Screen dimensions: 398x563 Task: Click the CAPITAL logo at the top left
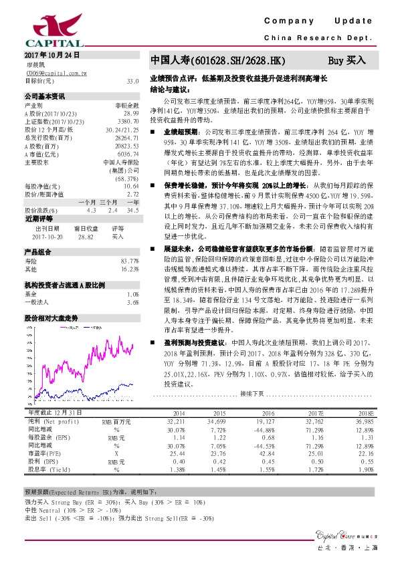click(x=39, y=27)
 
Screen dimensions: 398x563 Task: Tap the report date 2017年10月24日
click(x=52, y=53)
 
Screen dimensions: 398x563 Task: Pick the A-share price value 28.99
click(x=131, y=114)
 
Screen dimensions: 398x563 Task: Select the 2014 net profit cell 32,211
click(x=175, y=423)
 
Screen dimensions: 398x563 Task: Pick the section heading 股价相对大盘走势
click(x=51, y=300)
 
